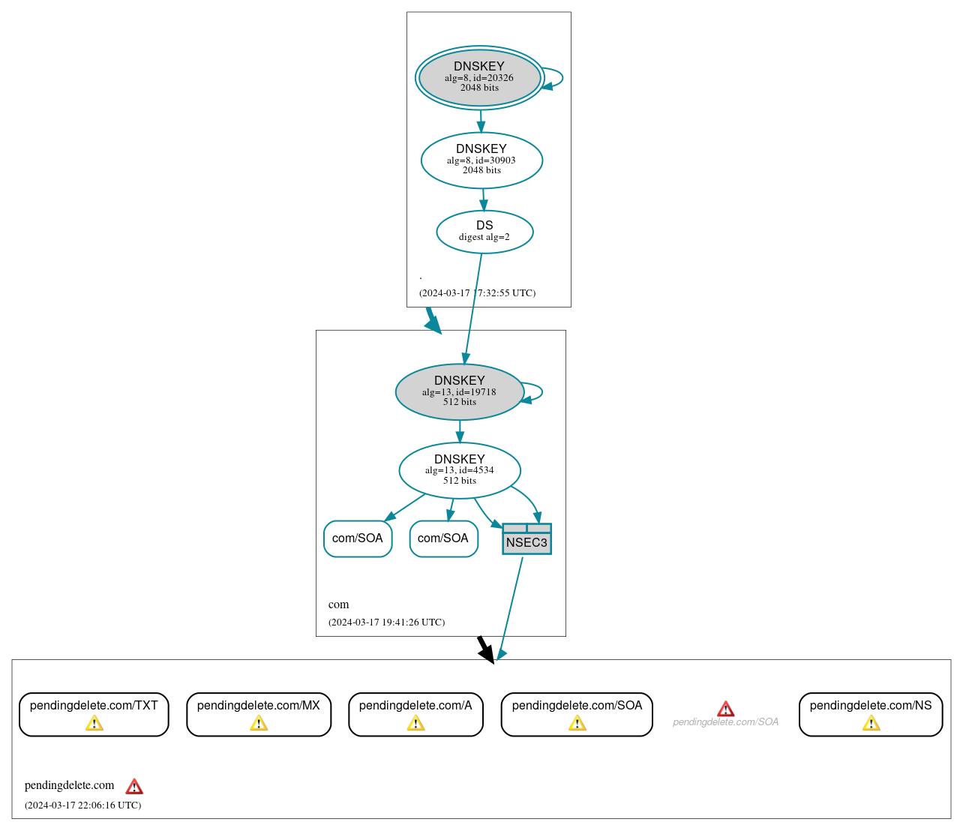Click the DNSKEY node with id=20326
tap(479, 78)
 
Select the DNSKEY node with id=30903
tap(481, 160)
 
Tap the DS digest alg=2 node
tap(484, 232)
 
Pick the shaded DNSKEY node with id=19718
tap(459, 391)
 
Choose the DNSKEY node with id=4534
tap(459, 470)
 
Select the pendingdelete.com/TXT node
tap(94, 714)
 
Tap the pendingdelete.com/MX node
tap(258, 714)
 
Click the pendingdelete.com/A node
tap(415, 714)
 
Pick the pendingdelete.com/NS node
tap(870, 714)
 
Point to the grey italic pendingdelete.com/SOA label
tap(725, 722)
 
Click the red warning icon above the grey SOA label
tap(725, 709)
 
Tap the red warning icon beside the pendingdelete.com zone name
tap(134, 786)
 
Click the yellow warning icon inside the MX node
tap(259, 723)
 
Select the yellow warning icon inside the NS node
tap(871, 723)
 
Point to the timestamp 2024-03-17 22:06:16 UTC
tap(82, 805)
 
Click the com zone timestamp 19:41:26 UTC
tap(386, 622)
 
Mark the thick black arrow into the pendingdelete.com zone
tap(485, 649)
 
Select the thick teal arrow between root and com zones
tap(433, 320)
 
